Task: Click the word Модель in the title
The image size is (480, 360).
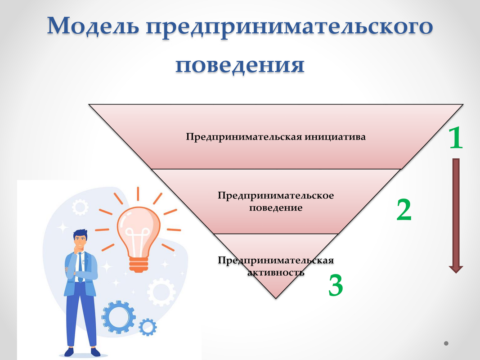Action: click(x=93, y=26)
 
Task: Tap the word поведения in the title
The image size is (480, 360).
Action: click(x=240, y=65)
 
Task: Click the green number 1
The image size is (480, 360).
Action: click(x=456, y=137)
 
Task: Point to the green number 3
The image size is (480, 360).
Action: click(x=336, y=285)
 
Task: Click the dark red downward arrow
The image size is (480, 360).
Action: click(x=456, y=216)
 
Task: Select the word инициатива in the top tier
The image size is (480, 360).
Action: click(x=335, y=136)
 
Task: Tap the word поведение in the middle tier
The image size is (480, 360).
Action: click(x=275, y=208)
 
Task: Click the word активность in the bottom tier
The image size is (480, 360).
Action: click(x=275, y=272)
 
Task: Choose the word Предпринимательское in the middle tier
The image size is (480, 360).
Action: click(x=275, y=196)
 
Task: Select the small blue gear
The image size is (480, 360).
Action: click(x=148, y=327)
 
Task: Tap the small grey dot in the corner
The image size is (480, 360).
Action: click(x=446, y=343)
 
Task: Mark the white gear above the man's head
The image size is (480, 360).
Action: click(x=80, y=207)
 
